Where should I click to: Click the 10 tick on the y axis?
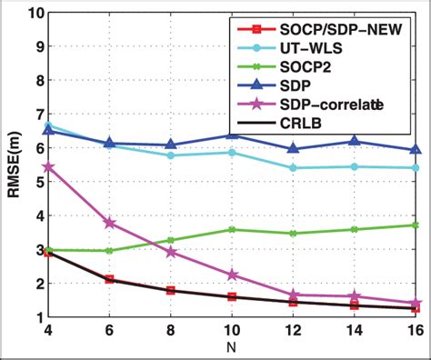(35, 14)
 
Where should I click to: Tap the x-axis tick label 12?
(292, 330)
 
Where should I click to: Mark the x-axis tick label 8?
(169, 330)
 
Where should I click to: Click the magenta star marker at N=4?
(47, 167)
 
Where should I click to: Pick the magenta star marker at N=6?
(109, 223)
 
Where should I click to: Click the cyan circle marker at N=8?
(170, 155)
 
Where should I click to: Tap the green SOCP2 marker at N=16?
(416, 225)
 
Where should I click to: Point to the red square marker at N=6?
(109, 279)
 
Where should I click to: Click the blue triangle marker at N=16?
(416, 149)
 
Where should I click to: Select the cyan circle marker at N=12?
(293, 168)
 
